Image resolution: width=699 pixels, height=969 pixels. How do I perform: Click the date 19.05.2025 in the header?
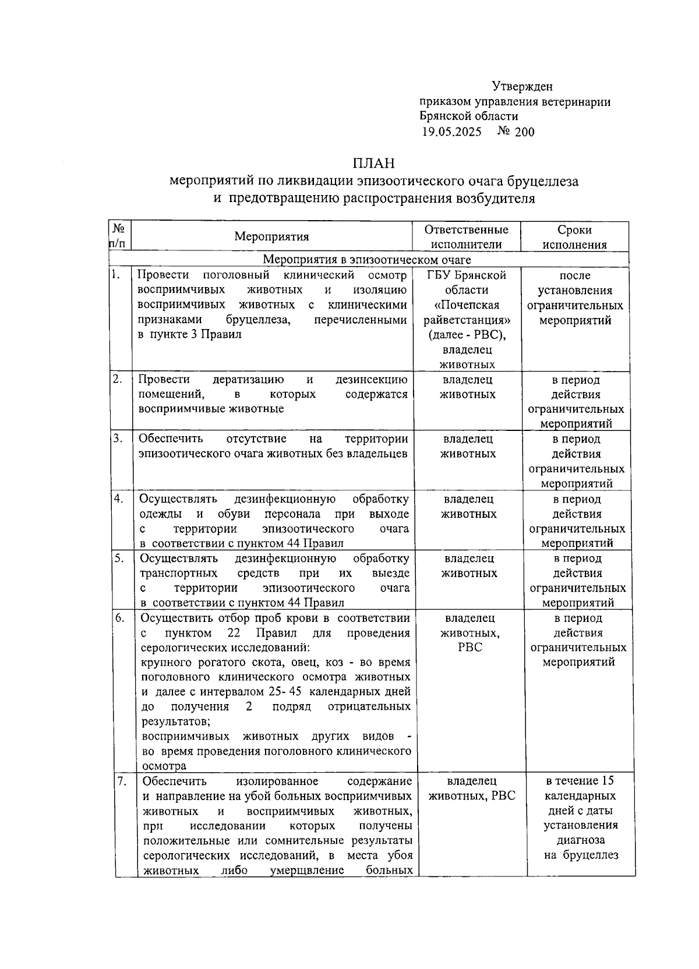451,132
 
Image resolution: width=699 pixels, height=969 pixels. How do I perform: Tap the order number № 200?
516,132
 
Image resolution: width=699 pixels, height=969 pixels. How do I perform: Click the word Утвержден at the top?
522,87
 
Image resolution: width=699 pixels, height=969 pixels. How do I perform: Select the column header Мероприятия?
271,236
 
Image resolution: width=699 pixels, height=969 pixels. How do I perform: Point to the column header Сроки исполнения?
574,237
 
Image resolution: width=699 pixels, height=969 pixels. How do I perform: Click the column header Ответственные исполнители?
466,237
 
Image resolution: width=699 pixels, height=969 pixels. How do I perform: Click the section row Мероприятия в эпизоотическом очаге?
367,259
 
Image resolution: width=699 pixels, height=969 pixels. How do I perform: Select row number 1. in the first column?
116,275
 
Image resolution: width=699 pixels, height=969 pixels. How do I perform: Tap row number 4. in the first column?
118,498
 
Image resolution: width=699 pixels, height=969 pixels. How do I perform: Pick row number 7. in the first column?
121,781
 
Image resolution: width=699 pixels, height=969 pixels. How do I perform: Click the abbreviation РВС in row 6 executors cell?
470,648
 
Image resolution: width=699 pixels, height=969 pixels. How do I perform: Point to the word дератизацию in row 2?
248,380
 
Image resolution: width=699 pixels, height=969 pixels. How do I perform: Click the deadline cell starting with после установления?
574,298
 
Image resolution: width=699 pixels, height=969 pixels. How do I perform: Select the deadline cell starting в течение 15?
580,818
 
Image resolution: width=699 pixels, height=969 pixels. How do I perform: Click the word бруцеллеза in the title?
542,181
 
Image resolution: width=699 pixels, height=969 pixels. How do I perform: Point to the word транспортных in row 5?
178,573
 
